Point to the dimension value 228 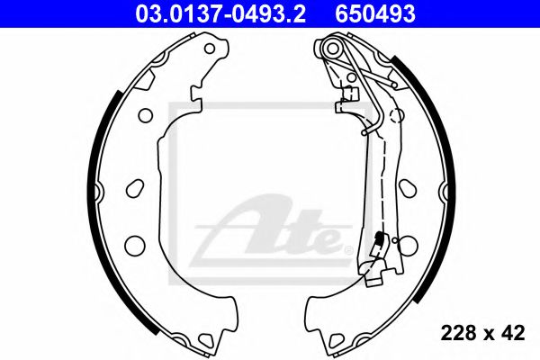tap(457, 334)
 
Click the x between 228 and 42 tap(487, 335)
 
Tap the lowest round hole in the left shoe tap(135, 244)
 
